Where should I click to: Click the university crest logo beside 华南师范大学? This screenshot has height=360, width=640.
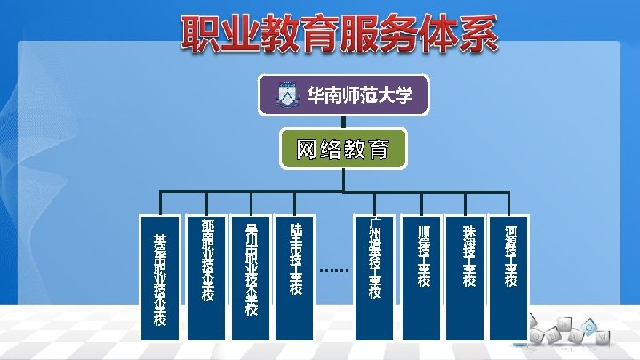coord(286,94)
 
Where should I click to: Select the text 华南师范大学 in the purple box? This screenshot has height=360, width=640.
coord(359,95)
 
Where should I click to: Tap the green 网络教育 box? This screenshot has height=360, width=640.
coord(342,149)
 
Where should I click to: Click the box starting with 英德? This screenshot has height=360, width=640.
coord(160,276)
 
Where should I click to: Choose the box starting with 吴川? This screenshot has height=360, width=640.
coord(251,276)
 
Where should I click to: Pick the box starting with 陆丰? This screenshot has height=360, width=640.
coord(296,276)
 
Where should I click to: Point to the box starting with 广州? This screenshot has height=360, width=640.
coord(375,276)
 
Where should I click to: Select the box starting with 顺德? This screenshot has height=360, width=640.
coord(423,276)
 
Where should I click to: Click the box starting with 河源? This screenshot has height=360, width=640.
coord(511,276)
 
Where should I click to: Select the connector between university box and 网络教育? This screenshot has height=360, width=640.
coord(342,123)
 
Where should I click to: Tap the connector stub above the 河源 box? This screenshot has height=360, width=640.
coord(511,203)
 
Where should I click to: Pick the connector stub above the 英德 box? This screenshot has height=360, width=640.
coord(160,203)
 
